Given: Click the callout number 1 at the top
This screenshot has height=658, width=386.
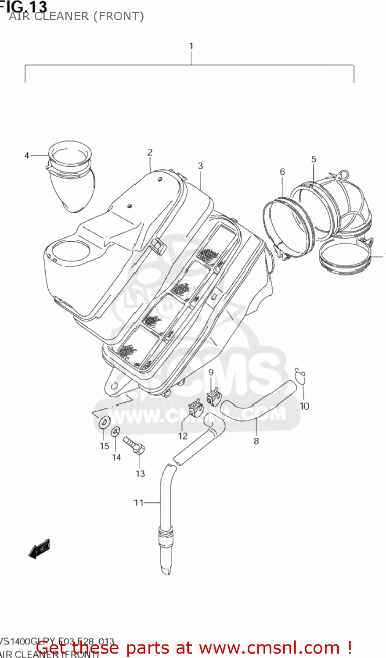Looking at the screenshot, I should [x=191, y=46].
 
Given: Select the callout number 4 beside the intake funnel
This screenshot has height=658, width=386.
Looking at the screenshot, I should [x=27, y=155].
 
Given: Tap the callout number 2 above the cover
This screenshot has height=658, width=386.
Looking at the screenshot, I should [x=150, y=152].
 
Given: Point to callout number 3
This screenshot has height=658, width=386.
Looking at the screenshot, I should [x=200, y=166].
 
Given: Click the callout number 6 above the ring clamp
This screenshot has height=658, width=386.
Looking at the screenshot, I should [x=282, y=172].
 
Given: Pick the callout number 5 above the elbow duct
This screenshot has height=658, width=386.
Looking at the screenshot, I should [x=314, y=159].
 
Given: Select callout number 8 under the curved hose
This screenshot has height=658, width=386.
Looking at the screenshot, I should [x=256, y=441].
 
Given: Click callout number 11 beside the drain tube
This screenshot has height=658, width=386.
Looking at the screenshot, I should [x=139, y=503].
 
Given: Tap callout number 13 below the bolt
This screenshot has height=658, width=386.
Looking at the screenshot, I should [x=140, y=474].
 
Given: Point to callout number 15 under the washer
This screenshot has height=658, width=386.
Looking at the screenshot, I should [x=104, y=446].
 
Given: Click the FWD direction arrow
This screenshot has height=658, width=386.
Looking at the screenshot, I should [x=40, y=548].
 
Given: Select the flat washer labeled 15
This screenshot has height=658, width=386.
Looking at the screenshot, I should [x=105, y=422].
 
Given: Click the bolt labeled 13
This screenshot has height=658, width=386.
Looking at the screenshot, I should [x=134, y=443].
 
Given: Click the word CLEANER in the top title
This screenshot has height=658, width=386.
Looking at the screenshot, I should [x=61, y=16].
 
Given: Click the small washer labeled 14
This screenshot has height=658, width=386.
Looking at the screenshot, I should [x=115, y=431].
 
